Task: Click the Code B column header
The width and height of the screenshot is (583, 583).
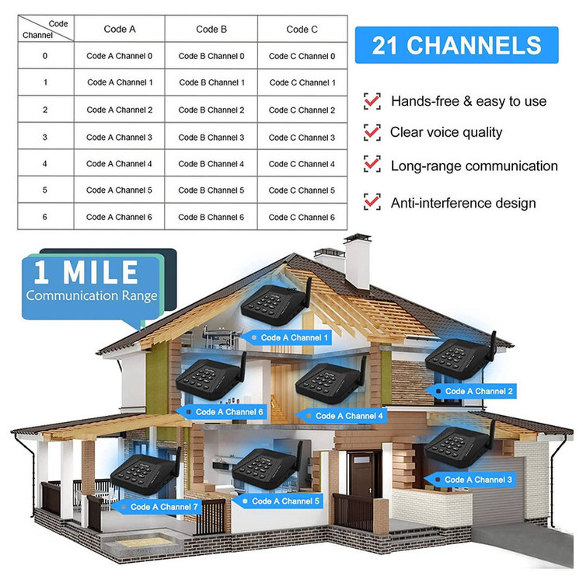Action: pos(211,29)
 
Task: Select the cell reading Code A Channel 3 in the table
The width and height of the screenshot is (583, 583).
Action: pos(120,137)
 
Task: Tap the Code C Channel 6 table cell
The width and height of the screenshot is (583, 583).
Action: pos(302,217)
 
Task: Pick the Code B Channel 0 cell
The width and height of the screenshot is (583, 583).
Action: pos(211,56)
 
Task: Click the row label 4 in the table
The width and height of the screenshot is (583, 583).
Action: pos(45,163)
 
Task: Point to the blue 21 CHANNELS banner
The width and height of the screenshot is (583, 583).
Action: pos(456,45)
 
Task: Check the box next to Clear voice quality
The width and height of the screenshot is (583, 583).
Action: pos(372,132)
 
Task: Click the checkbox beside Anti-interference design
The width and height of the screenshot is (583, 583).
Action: pos(372,202)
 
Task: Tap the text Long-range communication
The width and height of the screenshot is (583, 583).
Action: pos(474,166)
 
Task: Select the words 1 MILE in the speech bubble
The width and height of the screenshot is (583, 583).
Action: pos(86,272)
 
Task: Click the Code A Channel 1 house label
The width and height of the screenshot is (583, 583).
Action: pos(287,337)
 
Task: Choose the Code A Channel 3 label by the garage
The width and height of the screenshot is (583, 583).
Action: pos(470,480)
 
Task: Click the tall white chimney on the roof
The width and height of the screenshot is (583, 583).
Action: pos(358,261)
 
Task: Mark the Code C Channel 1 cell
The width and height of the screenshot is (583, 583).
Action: pos(302,82)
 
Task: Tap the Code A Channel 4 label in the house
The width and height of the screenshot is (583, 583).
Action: pos(341,416)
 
